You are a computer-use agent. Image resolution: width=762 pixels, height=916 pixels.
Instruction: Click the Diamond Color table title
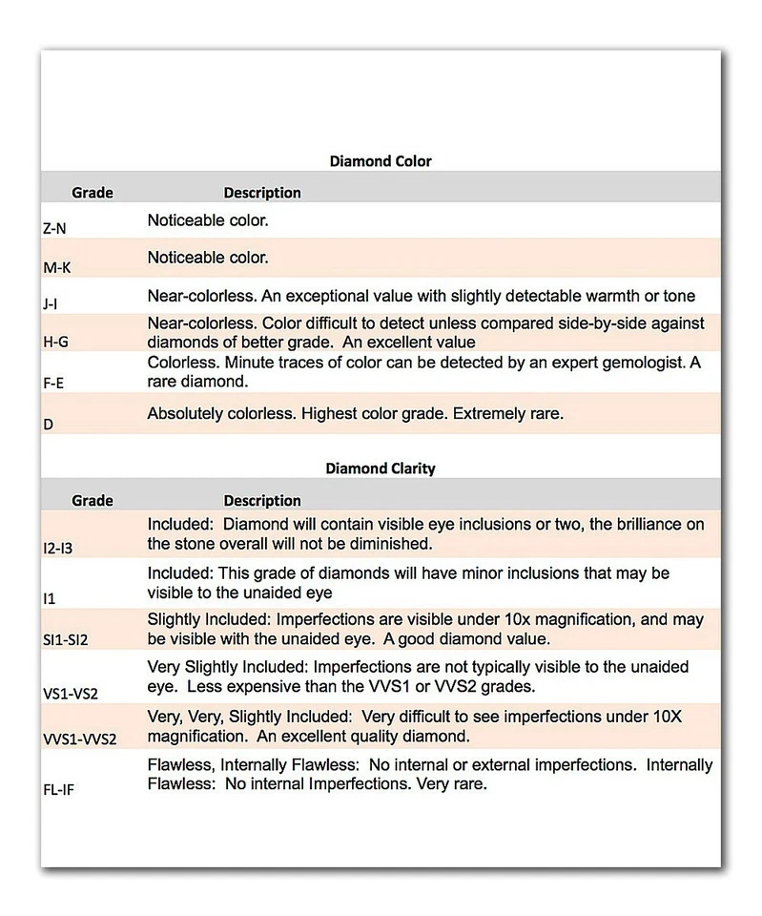click(x=381, y=161)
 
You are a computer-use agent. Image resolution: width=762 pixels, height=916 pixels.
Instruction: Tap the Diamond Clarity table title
click(x=381, y=468)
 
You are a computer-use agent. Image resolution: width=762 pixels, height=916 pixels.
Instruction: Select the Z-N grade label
click(x=55, y=229)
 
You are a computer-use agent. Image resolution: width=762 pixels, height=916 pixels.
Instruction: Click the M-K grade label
click(x=57, y=268)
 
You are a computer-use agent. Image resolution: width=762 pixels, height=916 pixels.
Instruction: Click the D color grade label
click(x=48, y=423)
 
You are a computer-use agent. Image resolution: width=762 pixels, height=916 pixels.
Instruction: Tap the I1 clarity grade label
click(x=49, y=597)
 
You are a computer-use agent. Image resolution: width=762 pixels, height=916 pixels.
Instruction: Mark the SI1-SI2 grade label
click(x=65, y=639)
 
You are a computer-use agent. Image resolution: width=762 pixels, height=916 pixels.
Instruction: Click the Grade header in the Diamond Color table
click(x=93, y=193)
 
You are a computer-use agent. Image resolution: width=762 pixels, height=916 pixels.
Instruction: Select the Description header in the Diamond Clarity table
click(x=262, y=500)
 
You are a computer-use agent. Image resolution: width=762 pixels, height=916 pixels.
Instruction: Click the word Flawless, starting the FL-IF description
click(x=179, y=766)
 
